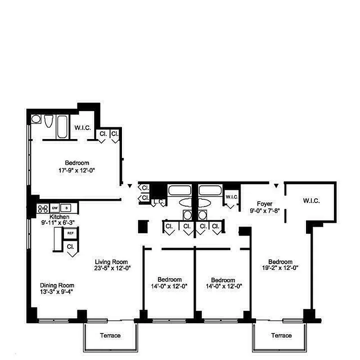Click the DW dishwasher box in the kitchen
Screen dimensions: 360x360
click(55, 208)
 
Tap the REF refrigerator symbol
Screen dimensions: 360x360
click(70, 233)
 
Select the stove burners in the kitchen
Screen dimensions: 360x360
click(43, 208)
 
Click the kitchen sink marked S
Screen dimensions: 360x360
click(67, 208)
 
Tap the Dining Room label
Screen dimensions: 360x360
click(57, 285)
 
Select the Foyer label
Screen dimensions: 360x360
click(264, 203)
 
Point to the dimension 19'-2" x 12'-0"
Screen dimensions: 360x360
click(280, 268)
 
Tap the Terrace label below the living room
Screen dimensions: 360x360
click(110, 336)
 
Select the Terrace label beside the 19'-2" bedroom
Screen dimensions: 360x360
click(281, 336)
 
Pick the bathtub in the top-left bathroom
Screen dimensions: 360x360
click(62, 126)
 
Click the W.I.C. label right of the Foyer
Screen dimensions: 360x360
click(311, 201)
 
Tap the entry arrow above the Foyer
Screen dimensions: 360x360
click(276, 184)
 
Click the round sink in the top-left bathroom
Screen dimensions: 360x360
click(36, 119)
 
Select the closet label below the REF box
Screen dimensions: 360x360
click(70, 247)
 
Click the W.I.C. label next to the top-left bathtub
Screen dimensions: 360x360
click(83, 128)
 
